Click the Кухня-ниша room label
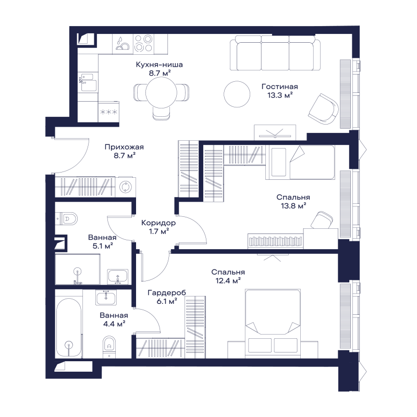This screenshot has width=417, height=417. pyautogui.click(x=160, y=65)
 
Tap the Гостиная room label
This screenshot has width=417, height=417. pyautogui.click(x=279, y=87)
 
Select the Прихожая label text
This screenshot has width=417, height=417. pyautogui.click(x=124, y=147)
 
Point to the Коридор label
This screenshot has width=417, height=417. pyautogui.click(x=158, y=223)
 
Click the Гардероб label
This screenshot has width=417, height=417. pyautogui.click(x=167, y=293)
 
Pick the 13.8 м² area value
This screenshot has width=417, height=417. pyautogui.click(x=293, y=206)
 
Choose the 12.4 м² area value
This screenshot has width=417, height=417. pyautogui.click(x=228, y=281)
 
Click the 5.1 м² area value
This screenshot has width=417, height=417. pyautogui.click(x=103, y=246)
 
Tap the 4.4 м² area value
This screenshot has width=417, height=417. pyautogui.click(x=114, y=324)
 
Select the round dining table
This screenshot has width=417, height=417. pyautogui.click(x=161, y=92)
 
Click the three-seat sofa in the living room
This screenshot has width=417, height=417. pyautogui.click(x=275, y=53)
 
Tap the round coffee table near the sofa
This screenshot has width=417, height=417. pyautogui.click(x=237, y=94)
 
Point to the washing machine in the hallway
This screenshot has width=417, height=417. pyautogui.click(x=125, y=187)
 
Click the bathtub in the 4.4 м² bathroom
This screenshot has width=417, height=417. pyautogui.click(x=69, y=328)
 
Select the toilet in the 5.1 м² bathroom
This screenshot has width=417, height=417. pyautogui.click(x=67, y=219)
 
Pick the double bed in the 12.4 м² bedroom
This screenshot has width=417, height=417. pyautogui.click(x=273, y=323)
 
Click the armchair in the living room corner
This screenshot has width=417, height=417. pyautogui.click(x=323, y=108)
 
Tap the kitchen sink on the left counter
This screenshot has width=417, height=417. pyautogui.click(x=88, y=83)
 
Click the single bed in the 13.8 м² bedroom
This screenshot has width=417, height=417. pyautogui.click(x=300, y=162)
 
